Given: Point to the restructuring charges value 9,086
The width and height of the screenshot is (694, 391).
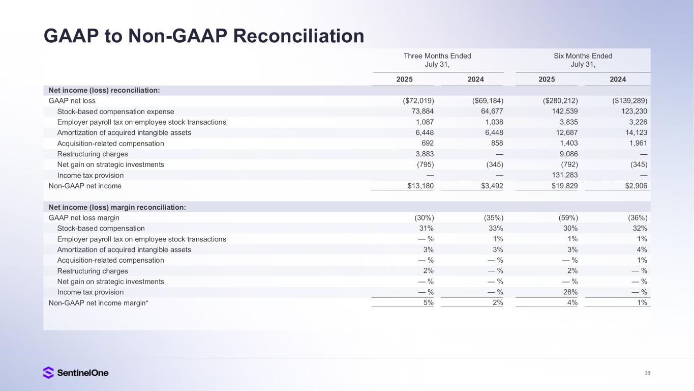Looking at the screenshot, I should tap(567, 154).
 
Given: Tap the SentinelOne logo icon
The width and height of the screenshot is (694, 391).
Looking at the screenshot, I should tap(48, 373).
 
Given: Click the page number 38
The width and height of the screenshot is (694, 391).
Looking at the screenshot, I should tap(647, 373).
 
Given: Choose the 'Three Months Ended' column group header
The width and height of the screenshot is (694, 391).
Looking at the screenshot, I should tap(437, 56).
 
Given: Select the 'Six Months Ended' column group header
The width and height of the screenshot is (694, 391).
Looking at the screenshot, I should tap(583, 56).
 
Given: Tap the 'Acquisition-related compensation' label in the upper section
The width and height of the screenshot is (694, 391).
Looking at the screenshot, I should tap(110, 144).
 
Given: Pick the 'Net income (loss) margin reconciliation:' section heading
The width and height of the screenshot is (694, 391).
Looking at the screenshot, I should tap(117, 207).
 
